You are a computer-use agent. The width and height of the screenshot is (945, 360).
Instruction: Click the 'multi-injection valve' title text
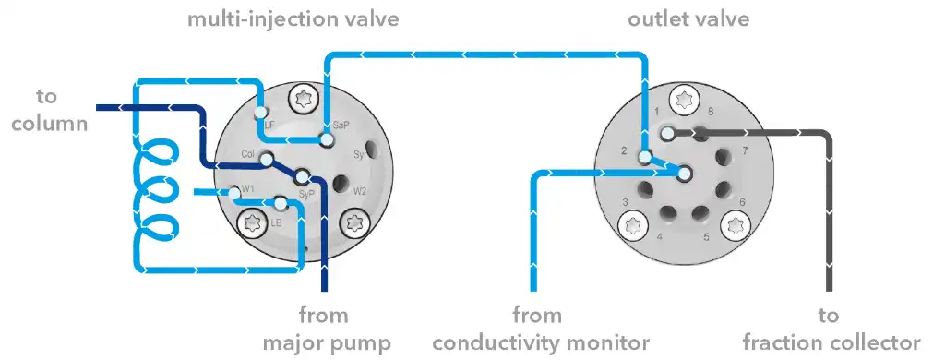tap(293, 18)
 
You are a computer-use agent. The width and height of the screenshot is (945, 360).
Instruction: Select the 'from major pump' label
tap(326, 329)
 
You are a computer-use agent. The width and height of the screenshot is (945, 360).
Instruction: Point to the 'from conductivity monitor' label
tap(541, 329)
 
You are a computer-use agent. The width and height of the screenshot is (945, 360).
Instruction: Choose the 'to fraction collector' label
tap(830, 329)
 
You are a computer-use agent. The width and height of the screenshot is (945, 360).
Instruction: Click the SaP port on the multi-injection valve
tap(326, 140)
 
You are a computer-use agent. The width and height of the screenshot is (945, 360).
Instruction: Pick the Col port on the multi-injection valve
tap(267, 160)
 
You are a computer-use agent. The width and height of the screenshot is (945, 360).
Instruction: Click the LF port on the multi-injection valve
tap(261, 114)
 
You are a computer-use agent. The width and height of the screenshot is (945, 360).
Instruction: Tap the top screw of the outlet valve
tap(683, 97)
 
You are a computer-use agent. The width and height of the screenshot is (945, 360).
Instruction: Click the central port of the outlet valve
tap(684, 173)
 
